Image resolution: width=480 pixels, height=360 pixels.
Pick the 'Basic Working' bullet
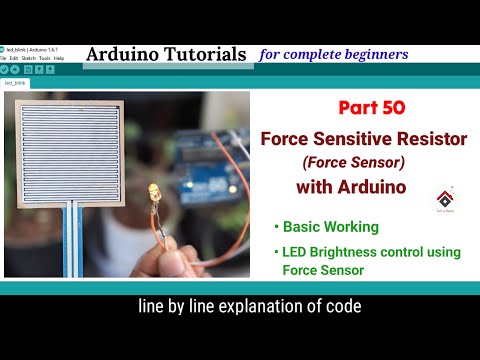tap(331, 227)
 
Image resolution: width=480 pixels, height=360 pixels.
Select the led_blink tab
tap(16, 84)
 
